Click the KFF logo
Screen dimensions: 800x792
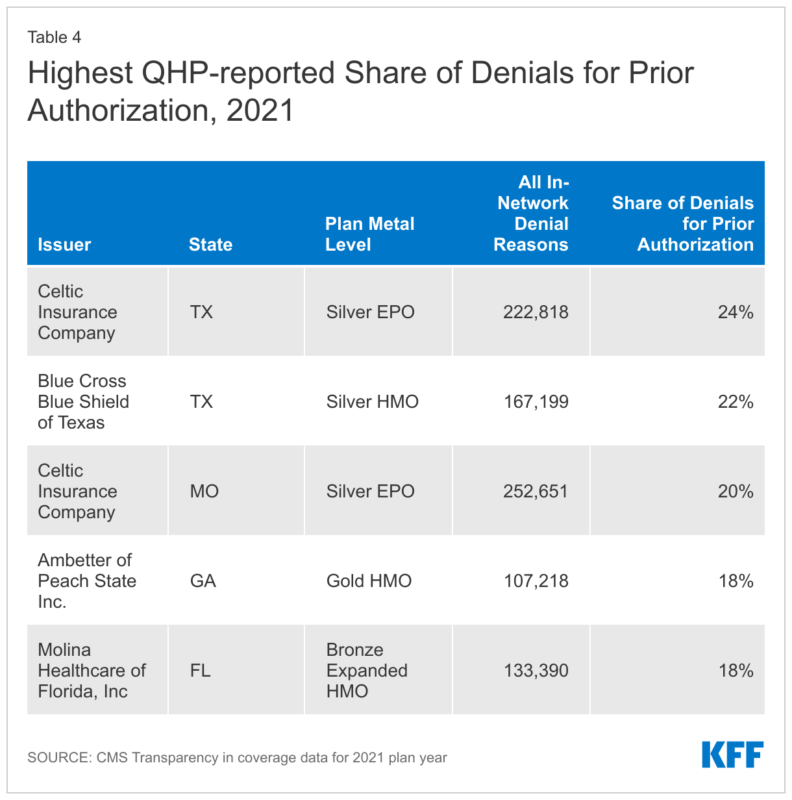[732, 755]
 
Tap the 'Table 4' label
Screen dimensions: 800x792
[54, 37]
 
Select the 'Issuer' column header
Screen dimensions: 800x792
[64, 244]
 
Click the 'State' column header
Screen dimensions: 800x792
[210, 244]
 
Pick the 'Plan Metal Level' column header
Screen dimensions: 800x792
[369, 234]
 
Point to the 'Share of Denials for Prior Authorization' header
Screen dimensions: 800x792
[682, 223]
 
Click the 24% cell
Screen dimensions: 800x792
[736, 312]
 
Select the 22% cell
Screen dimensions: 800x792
[736, 402]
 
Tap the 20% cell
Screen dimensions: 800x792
[736, 492]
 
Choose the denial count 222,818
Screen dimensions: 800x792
[536, 312]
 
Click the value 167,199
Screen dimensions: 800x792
[536, 402]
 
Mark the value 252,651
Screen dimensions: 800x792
[536, 492]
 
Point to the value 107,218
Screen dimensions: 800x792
[536, 581]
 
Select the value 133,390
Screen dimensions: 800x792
[536, 670]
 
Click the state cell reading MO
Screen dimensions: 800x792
[204, 492]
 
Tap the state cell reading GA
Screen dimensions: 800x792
[203, 581]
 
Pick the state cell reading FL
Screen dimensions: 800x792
[200, 670]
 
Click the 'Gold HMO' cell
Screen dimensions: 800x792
[369, 581]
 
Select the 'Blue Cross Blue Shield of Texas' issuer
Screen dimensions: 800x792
[83, 401]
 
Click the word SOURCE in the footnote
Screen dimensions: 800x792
[58, 757]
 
